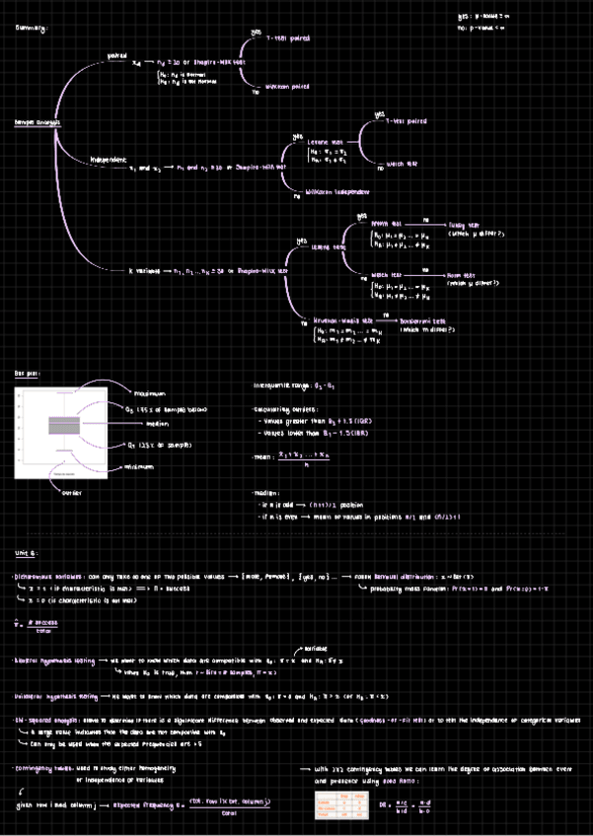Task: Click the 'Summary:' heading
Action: (x=31, y=28)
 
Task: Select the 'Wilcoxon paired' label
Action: (x=288, y=87)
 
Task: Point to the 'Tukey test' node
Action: (x=462, y=225)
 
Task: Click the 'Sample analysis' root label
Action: (x=37, y=122)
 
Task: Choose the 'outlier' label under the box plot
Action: (x=71, y=491)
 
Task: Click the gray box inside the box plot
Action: (x=63, y=426)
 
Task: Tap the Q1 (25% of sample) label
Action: (x=157, y=445)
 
